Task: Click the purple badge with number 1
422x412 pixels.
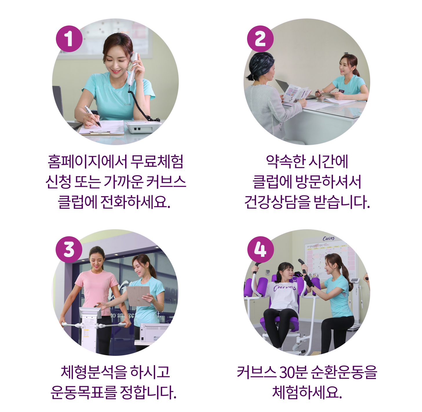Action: [x=69, y=39]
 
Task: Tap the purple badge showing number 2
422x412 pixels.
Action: [x=260, y=39]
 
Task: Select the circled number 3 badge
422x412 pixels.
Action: [x=69, y=250]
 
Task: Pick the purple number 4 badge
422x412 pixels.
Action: [x=260, y=250]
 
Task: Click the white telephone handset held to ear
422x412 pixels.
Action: [x=133, y=69]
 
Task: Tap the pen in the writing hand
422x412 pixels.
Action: [x=93, y=116]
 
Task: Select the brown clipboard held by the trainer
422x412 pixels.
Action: [x=138, y=296]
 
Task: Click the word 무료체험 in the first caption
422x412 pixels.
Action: [x=157, y=162]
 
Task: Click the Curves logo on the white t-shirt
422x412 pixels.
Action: [x=284, y=288]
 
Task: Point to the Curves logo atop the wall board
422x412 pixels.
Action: [x=328, y=239]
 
